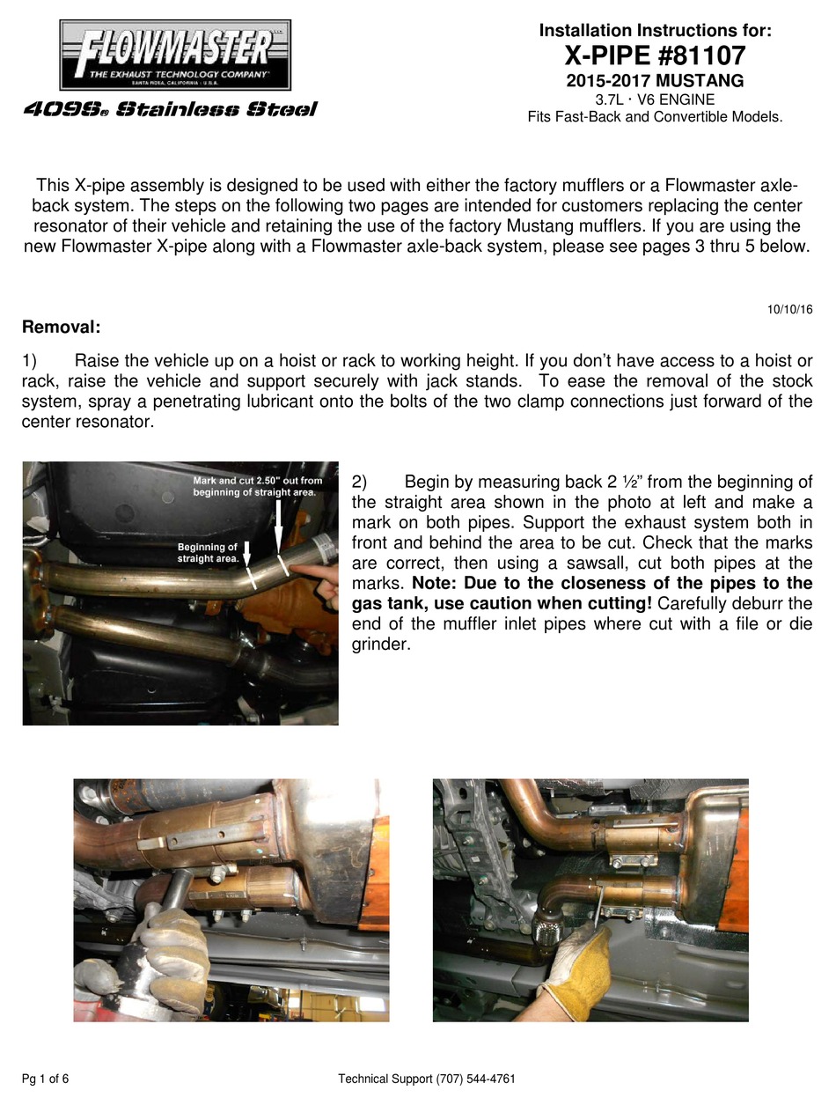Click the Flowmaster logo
[175, 55]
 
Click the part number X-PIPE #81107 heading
[655, 56]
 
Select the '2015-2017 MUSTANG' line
[655, 81]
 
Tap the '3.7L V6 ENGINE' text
[655, 99]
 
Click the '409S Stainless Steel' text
[170, 110]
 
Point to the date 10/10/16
[789, 309]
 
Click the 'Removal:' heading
[61, 328]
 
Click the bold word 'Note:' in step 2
[433, 583]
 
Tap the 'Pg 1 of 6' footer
[46, 1079]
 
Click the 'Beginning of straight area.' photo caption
[208, 553]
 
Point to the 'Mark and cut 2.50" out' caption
[257, 486]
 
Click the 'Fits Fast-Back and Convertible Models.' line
[655, 116]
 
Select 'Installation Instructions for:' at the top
[655, 31]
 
